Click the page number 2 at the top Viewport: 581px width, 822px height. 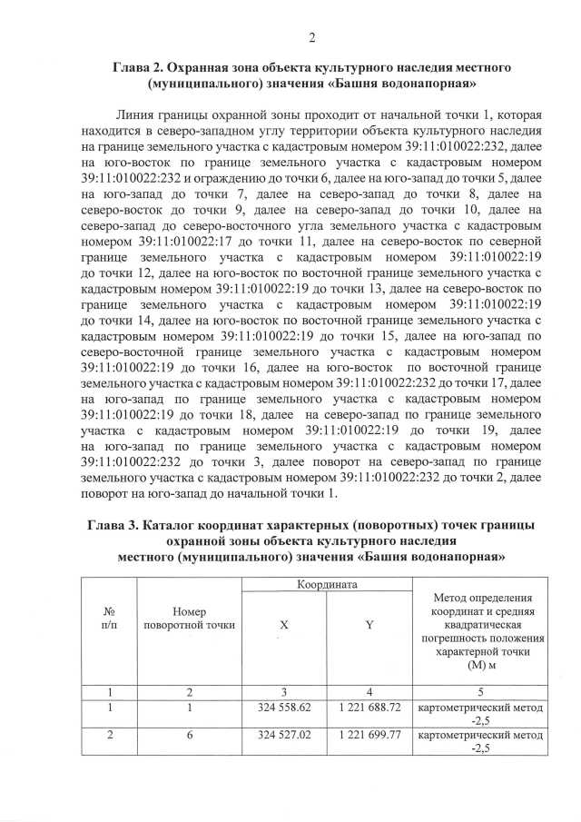[310, 37]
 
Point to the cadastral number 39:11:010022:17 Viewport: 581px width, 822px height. [186, 243]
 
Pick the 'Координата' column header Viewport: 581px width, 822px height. [326, 587]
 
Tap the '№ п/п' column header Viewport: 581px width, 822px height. [109, 618]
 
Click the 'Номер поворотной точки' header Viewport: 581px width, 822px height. [190, 618]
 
